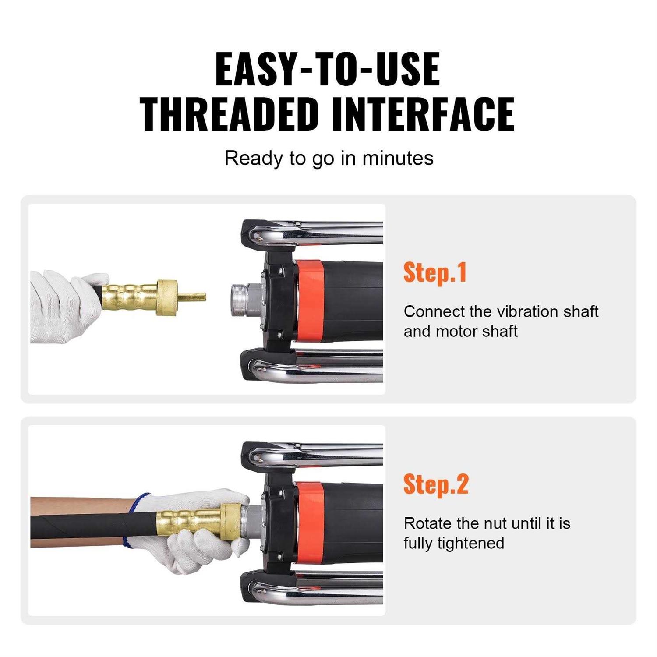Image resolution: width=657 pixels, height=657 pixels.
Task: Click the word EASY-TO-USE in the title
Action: pos(328,69)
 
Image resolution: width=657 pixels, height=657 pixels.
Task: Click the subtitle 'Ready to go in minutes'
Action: pos(328,158)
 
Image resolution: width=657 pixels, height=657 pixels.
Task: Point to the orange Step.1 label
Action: pos(435,272)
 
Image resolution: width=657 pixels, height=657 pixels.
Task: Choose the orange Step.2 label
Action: pos(436,484)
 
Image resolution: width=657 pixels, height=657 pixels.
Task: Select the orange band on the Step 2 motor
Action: pos(310,521)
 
